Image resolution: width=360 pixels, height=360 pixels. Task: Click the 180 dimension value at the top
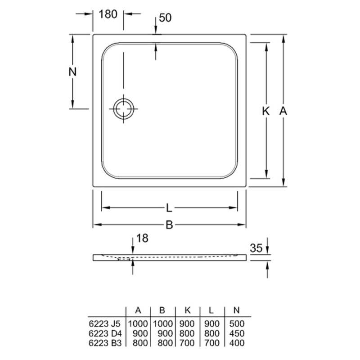click(x=108, y=14)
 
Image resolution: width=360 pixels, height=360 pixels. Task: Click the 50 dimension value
click(x=165, y=18)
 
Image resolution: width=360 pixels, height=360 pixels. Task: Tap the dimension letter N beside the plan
click(x=72, y=72)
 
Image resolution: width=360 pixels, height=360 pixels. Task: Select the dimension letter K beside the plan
click(x=265, y=111)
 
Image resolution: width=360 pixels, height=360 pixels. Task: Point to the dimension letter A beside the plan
click(x=283, y=111)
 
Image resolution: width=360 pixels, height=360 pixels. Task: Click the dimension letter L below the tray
click(x=169, y=208)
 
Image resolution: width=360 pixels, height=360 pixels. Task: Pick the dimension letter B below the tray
click(x=169, y=225)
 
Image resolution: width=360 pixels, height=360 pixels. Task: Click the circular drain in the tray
click(x=124, y=108)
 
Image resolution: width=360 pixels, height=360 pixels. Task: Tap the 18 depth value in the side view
click(x=142, y=238)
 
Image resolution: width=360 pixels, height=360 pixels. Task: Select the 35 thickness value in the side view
click(x=256, y=248)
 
